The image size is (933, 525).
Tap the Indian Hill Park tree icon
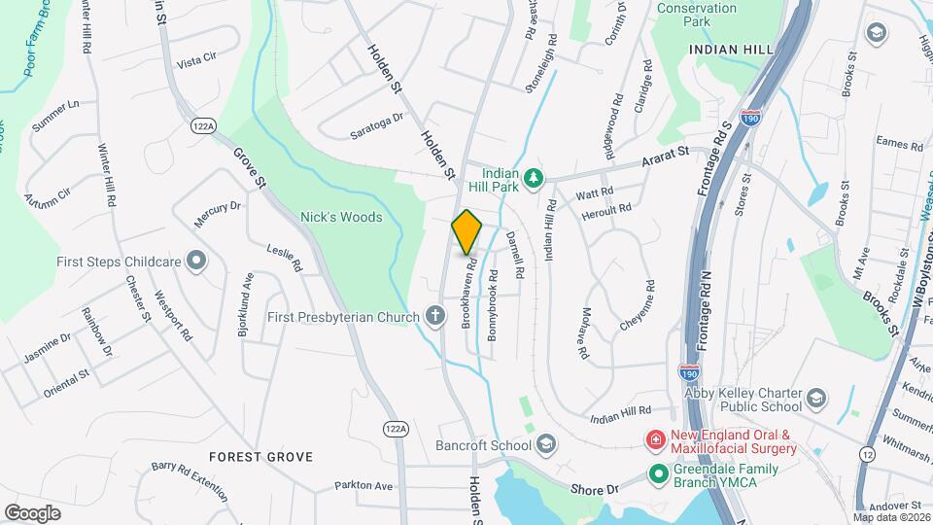click(533, 178)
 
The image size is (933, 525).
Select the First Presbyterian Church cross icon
click(435, 315)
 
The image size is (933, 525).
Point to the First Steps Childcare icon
click(196, 261)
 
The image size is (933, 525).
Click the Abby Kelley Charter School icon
click(817, 399)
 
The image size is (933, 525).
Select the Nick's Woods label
click(341, 217)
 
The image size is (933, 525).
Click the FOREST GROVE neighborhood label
click(261, 456)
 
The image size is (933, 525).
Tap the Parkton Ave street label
click(363, 485)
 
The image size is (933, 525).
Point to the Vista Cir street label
click(195, 61)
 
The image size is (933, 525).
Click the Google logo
click(32, 512)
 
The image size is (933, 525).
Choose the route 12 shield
click(867, 454)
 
